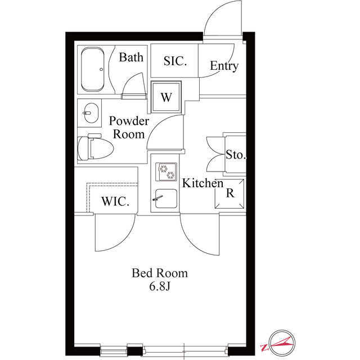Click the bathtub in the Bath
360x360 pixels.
click(x=93, y=69)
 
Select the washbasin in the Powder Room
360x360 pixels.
click(x=91, y=113)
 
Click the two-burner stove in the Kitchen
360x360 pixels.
click(x=166, y=172)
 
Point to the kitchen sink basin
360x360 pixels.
click(x=166, y=199)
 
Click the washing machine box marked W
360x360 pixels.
click(x=166, y=97)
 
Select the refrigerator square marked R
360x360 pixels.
click(x=229, y=193)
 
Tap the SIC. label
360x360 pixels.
click(x=175, y=61)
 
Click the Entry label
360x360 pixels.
click(x=224, y=66)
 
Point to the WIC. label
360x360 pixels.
click(x=115, y=201)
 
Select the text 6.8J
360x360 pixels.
click(x=160, y=286)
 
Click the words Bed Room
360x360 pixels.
click(x=160, y=273)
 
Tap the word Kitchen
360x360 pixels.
click(x=202, y=183)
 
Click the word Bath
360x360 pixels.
click(x=131, y=57)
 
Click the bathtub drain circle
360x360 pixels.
click(x=101, y=69)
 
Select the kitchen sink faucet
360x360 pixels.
click(x=157, y=198)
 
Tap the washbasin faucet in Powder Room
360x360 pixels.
click(x=87, y=113)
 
